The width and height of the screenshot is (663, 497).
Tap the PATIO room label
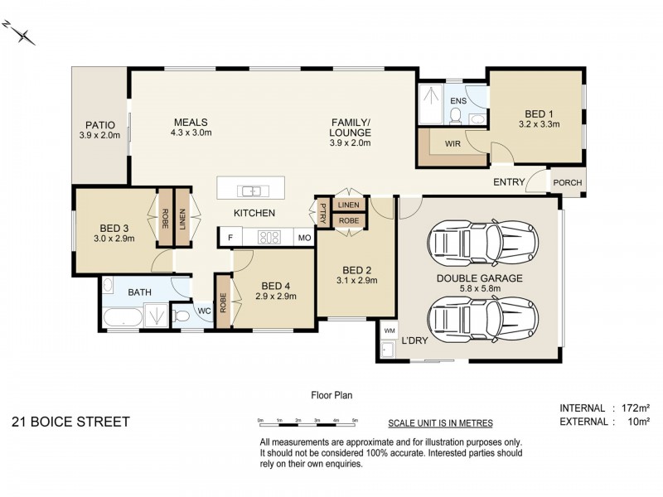pos(99,125)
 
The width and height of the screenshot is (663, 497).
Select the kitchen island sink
pos(253,191)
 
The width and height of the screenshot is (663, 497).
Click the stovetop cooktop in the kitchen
pos(269,237)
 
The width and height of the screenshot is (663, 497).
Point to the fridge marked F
pos(230,238)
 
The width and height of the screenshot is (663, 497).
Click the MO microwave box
pos(304,238)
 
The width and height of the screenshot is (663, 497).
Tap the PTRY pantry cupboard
pos(323,213)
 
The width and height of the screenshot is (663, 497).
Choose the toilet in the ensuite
pos(455,116)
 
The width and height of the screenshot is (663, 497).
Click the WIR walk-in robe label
pos(452,143)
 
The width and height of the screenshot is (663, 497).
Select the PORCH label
pos(568,182)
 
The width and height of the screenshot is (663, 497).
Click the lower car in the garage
pos(482,319)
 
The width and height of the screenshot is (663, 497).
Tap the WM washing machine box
pos(389,330)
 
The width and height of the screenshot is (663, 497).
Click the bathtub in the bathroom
pos(123,317)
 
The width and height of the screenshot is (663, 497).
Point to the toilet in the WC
pos(181,316)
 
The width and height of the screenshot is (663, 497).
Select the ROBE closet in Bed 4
pos(223,302)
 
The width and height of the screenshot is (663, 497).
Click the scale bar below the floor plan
pos(307,422)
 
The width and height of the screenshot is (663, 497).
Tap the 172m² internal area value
pos(635,408)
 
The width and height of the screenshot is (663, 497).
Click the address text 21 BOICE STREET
pos(70,422)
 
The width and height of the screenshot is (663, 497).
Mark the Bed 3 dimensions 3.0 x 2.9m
pos(114,239)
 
